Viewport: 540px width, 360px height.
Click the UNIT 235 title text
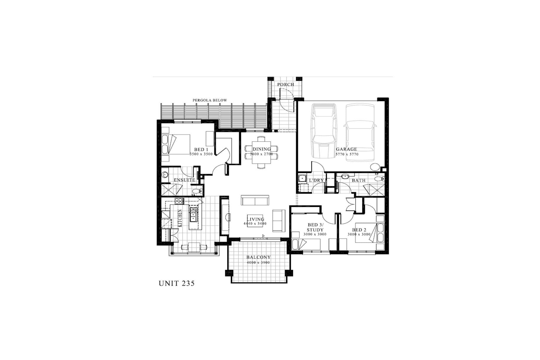[176, 283]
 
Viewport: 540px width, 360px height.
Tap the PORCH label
[286, 85]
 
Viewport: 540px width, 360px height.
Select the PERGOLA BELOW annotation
[210, 100]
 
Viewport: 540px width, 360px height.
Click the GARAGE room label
[346, 149]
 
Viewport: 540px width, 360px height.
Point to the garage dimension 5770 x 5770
[347, 154]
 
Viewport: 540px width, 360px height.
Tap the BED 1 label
[201, 150]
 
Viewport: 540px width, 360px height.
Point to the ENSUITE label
[184, 180]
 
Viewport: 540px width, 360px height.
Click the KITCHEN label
[180, 218]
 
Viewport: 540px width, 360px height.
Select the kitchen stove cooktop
[179, 201]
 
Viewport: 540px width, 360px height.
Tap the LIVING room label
[255, 219]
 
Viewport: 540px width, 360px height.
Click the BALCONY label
[259, 257]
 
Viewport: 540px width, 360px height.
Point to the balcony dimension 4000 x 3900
[258, 263]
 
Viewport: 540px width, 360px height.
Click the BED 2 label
[359, 230]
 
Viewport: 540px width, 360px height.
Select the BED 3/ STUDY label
[315, 227]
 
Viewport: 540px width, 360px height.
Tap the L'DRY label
[316, 180]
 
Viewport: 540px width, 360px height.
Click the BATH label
[359, 180]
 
